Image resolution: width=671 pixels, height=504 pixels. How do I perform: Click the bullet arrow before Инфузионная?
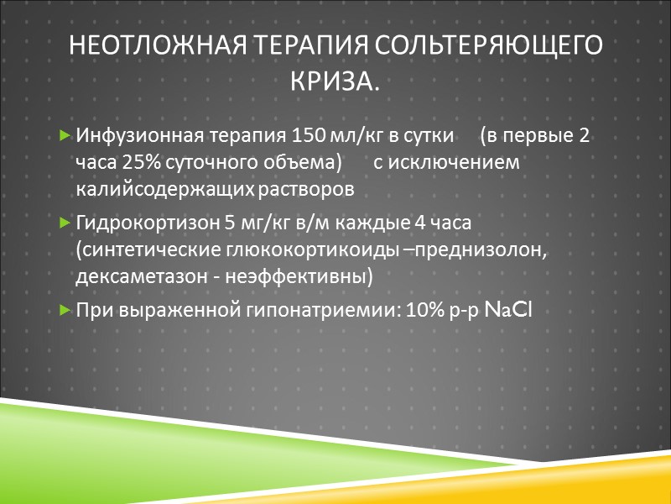point(66,136)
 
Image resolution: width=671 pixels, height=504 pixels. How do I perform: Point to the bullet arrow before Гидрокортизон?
point(66,223)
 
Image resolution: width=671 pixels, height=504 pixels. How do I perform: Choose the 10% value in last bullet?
point(422,311)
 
